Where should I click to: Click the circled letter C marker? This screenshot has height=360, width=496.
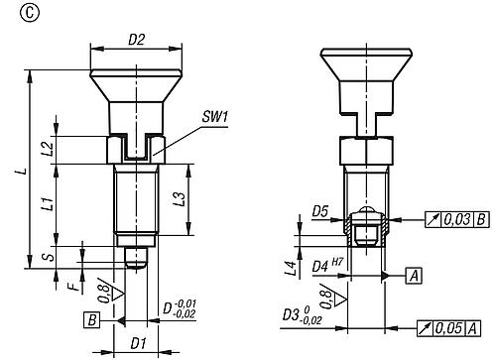pyautogui.click(x=30, y=13)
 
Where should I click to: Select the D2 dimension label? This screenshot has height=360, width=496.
pyautogui.click(x=137, y=40)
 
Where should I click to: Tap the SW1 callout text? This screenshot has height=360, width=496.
pyautogui.click(x=215, y=117)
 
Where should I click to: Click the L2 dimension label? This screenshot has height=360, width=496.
pyautogui.click(x=49, y=149)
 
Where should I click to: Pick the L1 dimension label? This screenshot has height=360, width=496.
pyautogui.click(x=49, y=203)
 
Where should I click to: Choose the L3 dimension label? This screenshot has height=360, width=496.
pyautogui.click(x=181, y=198)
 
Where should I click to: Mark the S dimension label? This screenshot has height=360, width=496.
pyautogui.click(x=50, y=257)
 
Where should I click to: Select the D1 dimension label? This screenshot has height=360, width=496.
pyautogui.click(x=138, y=343)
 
